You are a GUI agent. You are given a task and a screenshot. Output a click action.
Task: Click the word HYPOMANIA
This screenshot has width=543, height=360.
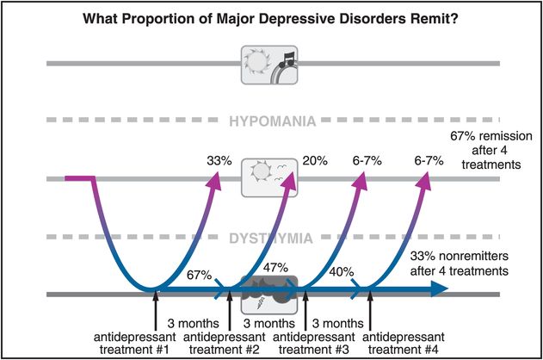[x=271, y=123]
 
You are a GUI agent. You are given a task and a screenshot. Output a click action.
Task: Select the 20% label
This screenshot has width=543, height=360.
[x=313, y=160]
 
